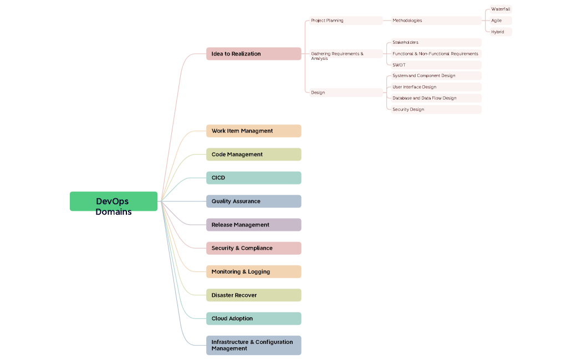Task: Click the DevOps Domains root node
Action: (114, 202)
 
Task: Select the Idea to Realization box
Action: (253, 54)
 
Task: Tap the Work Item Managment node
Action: (253, 131)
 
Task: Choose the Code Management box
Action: (253, 155)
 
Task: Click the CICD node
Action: (253, 178)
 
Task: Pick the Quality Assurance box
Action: (253, 201)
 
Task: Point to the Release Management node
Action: (253, 225)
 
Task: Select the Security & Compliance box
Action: (253, 248)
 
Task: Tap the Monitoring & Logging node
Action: (253, 271)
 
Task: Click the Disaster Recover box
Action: (253, 295)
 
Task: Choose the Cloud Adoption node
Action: (253, 318)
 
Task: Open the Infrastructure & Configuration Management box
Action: (253, 345)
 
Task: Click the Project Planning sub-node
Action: (344, 20)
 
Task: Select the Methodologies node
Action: (436, 20)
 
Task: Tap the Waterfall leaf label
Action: (501, 9)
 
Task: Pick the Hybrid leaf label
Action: (499, 32)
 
